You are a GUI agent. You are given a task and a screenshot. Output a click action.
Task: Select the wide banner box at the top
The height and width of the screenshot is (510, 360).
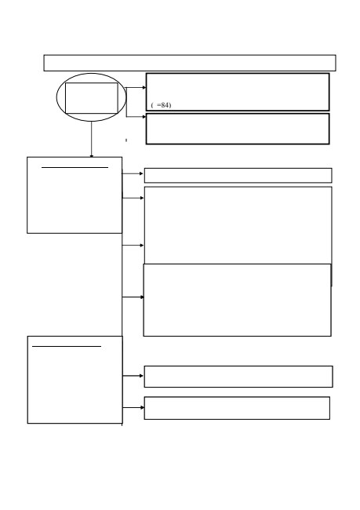(x=190, y=63)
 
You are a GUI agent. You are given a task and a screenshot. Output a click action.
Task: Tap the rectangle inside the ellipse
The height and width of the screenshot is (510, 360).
(x=92, y=98)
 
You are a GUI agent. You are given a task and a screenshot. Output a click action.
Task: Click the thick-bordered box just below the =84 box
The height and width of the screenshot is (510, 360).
(x=238, y=129)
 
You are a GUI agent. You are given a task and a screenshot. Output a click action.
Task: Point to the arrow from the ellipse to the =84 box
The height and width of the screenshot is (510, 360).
(x=136, y=88)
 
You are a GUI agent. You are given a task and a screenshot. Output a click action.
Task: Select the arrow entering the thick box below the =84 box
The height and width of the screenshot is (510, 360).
(x=136, y=117)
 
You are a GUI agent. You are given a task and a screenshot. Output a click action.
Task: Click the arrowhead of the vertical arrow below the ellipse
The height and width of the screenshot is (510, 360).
(x=92, y=156)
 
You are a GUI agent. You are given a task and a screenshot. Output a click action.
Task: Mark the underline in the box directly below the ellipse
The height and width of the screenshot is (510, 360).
(x=75, y=167)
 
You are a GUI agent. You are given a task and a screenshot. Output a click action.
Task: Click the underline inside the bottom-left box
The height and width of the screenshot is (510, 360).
(x=67, y=346)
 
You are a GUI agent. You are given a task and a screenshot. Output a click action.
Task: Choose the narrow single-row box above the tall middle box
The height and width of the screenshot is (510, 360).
(x=238, y=175)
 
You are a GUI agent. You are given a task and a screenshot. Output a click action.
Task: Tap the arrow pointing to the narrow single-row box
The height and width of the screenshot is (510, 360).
(x=133, y=173)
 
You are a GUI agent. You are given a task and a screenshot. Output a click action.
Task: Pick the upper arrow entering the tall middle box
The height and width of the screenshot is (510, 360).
(x=133, y=198)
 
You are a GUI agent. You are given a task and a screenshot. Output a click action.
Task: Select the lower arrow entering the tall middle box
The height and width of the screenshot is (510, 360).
(x=133, y=246)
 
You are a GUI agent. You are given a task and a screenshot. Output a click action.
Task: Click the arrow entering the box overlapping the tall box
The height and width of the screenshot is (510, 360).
(x=133, y=297)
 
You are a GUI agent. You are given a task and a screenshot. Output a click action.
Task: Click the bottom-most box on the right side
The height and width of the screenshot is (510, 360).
(x=237, y=408)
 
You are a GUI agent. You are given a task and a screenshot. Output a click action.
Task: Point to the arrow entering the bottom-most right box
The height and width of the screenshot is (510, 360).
(x=133, y=407)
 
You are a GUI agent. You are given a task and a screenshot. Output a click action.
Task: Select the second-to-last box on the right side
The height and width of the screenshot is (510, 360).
(x=238, y=377)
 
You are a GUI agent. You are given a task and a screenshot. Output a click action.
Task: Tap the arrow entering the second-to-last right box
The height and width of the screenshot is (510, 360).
(x=133, y=376)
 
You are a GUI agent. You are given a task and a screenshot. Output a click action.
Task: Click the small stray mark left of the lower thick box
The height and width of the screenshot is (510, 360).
(x=126, y=140)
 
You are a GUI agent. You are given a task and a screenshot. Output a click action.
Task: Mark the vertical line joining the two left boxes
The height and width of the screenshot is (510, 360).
(x=122, y=285)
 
